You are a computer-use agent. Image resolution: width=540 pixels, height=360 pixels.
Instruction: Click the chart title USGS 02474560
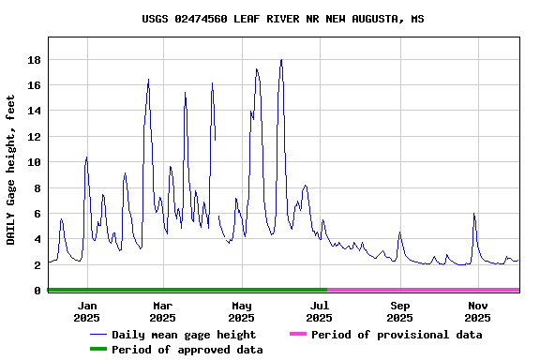[x=282, y=19]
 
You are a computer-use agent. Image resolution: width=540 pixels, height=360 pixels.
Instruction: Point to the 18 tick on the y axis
[x=34, y=60]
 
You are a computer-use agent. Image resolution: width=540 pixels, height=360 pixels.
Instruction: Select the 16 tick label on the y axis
[x=34, y=85]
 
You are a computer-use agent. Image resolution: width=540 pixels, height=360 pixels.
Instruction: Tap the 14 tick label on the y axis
[x=34, y=111]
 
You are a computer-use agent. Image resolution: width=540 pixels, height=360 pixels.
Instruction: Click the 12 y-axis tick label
[x=34, y=137]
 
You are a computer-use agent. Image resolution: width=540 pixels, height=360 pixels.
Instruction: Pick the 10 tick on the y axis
[x=34, y=162]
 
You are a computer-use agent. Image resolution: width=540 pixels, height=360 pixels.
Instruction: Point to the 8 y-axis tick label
[x=37, y=187]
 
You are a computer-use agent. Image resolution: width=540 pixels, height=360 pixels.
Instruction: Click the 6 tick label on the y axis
[x=37, y=214]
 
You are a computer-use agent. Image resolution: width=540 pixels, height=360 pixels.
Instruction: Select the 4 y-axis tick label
[x=37, y=239]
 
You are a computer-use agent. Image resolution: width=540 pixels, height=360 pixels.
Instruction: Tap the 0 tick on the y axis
[x=37, y=291]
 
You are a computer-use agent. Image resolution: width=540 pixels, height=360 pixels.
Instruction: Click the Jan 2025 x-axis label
[x=86, y=311]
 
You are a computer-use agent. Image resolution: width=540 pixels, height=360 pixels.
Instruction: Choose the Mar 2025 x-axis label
[x=162, y=311]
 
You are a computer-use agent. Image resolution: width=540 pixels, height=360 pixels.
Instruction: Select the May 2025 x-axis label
[x=242, y=311]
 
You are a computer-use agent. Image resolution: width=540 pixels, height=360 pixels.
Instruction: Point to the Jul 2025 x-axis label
[x=320, y=311]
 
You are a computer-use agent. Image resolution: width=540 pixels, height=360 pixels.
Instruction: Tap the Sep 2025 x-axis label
[x=400, y=311]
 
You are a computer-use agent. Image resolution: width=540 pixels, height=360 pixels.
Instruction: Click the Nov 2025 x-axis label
[x=478, y=311]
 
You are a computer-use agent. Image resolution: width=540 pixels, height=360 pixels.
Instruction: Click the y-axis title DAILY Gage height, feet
[x=11, y=170]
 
